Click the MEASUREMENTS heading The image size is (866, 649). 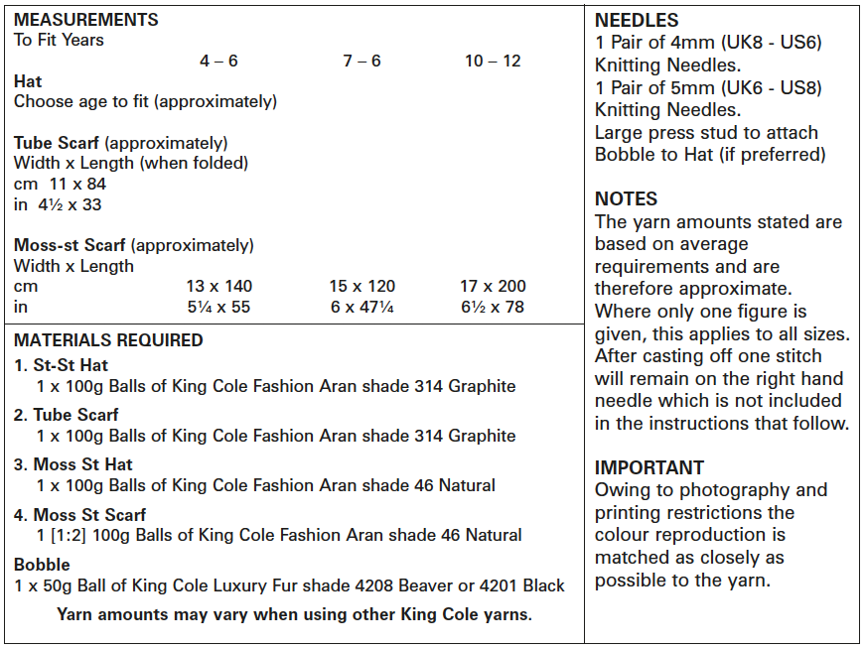point(85,20)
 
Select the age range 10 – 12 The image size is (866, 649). point(493,61)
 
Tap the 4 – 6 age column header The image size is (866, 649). point(218,61)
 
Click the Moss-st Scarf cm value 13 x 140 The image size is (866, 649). point(218,286)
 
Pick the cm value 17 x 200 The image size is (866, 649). point(493,286)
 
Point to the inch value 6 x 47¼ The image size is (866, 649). point(362,307)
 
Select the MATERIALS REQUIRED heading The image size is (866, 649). point(108,340)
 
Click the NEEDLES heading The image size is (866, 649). point(637,20)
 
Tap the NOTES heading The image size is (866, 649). point(626,199)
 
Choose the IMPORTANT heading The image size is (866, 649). point(649,467)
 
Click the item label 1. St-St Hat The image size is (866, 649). point(62,365)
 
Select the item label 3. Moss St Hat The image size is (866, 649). point(72,464)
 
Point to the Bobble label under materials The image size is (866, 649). point(42,565)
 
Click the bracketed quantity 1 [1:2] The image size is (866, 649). point(66,535)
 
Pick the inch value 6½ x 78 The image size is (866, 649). point(493,307)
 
